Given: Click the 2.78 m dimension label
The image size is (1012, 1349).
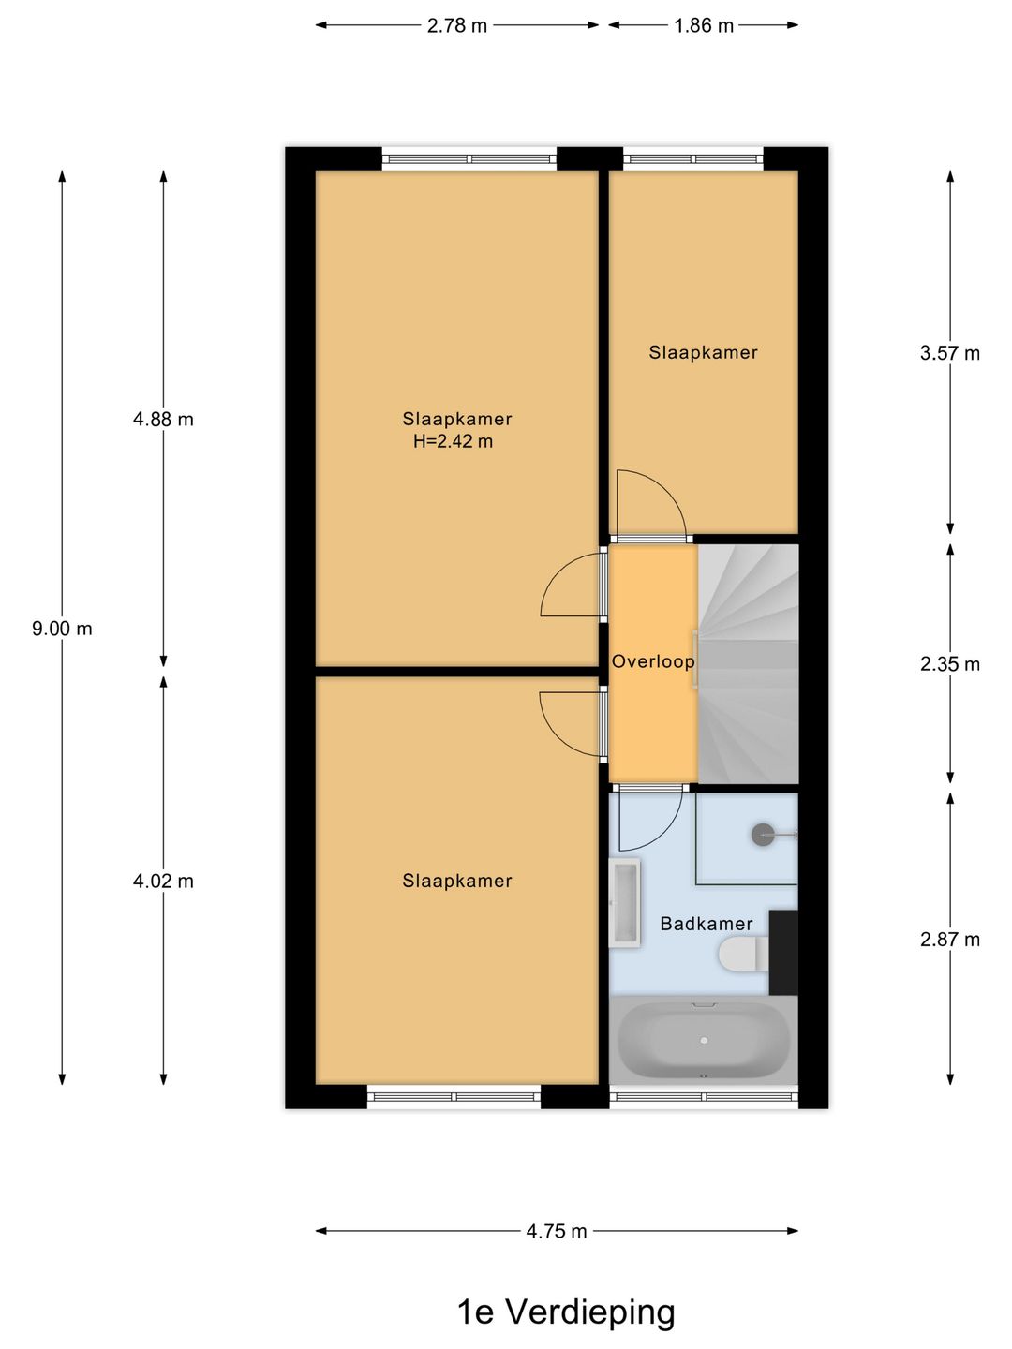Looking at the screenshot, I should click(457, 25).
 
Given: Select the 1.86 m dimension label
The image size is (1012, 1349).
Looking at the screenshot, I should click(704, 25).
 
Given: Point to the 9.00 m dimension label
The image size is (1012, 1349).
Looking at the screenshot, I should click(62, 629).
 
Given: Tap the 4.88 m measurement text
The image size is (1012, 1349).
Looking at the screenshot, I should click(163, 420).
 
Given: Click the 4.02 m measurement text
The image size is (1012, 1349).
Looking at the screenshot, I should click(163, 882).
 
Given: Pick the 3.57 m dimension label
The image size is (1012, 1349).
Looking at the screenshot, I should click(949, 353).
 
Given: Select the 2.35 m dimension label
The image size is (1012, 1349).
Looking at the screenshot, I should click(949, 664).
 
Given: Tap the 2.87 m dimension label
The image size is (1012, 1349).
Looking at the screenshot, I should click(949, 940).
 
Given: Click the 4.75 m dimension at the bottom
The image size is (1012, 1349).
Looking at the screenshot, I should click(557, 1231).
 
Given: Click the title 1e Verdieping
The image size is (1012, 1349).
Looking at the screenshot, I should click(565, 1312).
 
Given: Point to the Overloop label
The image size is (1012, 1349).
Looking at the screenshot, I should click(653, 661).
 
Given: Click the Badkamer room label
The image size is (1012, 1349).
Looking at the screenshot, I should click(707, 924).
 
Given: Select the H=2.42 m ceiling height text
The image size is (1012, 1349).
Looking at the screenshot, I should click(453, 441).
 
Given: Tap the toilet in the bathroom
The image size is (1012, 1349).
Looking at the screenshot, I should click(741, 956).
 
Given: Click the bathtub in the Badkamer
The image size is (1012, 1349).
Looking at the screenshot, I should click(703, 1040).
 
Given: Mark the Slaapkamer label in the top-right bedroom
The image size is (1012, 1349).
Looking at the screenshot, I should click(703, 352).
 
